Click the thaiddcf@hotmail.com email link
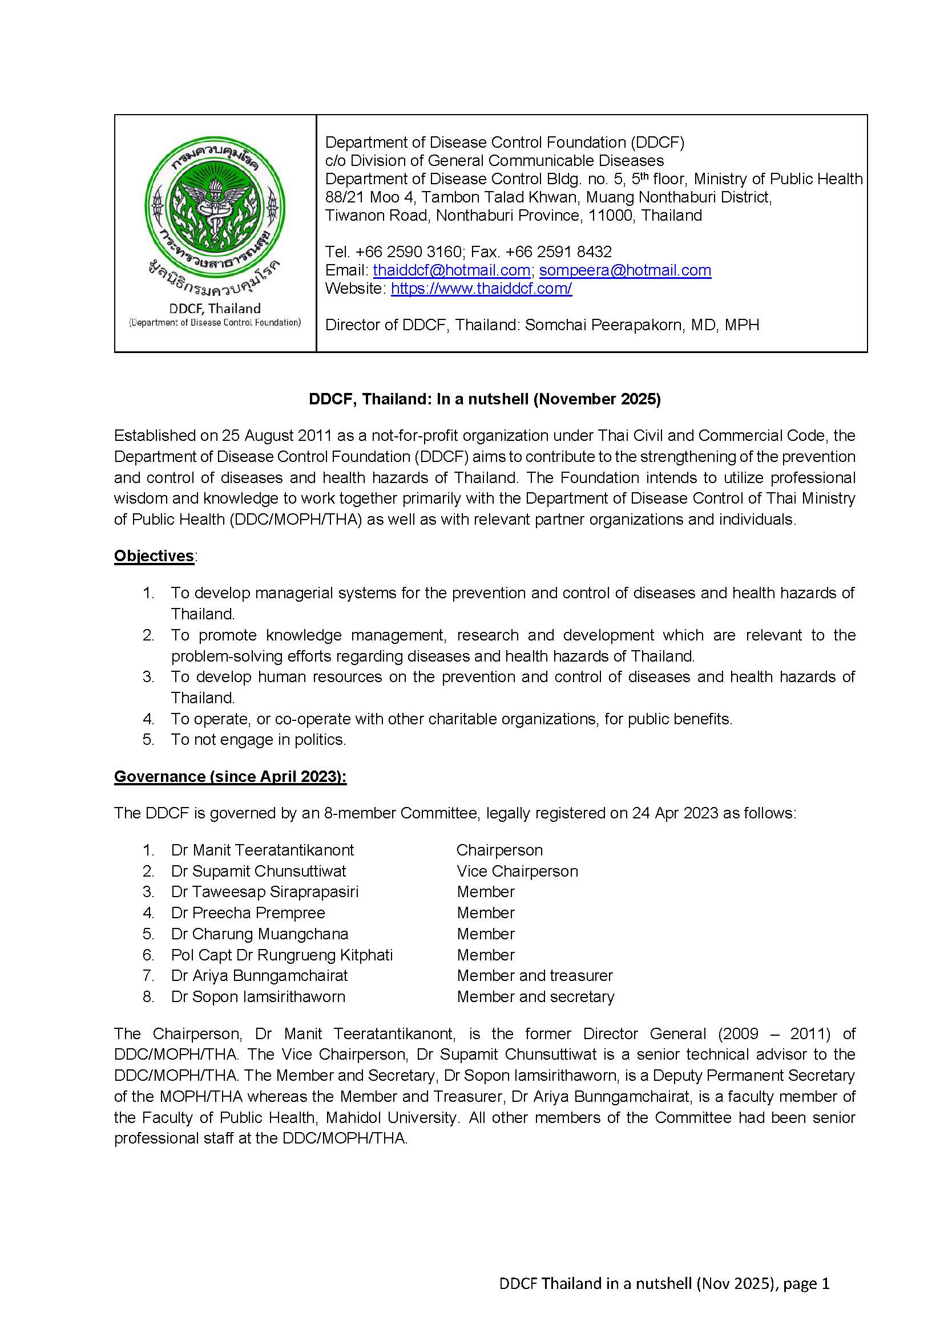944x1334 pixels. tap(451, 270)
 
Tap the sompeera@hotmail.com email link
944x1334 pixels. tap(625, 270)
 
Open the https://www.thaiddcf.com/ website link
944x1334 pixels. tap(481, 288)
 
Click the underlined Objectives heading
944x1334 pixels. tap(154, 556)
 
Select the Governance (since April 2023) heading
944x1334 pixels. tap(230, 777)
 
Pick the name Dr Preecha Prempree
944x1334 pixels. tap(248, 913)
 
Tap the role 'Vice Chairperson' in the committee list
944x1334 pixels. tap(517, 871)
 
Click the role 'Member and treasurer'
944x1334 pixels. tap(535, 975)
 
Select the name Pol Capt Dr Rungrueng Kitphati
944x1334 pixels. tap(282, 955)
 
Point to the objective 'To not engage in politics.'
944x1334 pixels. tap(258, 740)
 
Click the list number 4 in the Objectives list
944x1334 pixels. tap(148, 719)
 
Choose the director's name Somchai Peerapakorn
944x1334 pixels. tap(604, 325)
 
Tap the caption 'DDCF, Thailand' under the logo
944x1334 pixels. tap(215, 309)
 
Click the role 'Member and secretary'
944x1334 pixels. tap(535, 996)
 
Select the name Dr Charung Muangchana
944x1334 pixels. tap(259, 934)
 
